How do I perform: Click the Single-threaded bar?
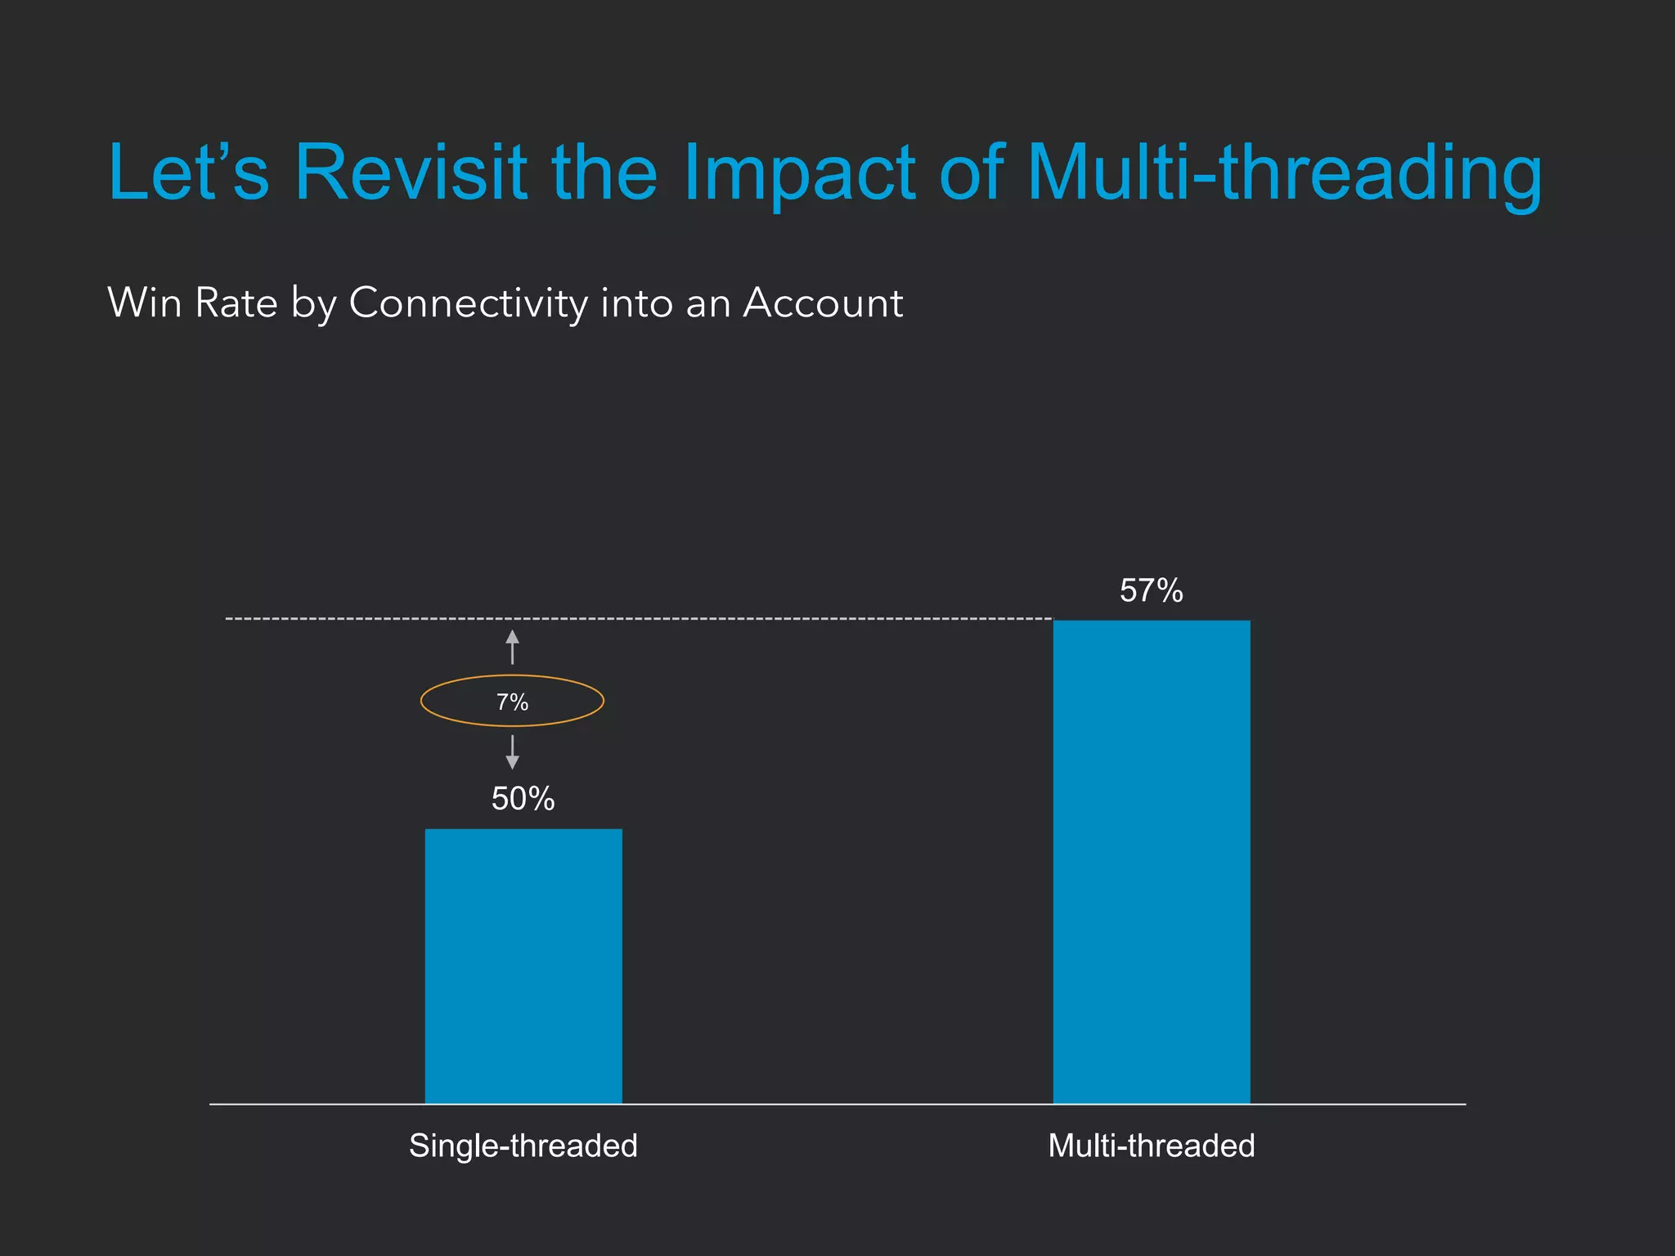point(523,966)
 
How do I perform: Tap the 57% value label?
point(1151,590)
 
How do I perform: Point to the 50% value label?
point(523,799)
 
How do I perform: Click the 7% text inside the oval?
point(512,702)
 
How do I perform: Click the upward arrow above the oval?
point(512,646)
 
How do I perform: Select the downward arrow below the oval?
point(512,752)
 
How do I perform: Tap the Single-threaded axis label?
point(523,1146)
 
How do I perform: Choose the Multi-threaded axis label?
point(1151,1146)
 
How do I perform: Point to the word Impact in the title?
point(799,173)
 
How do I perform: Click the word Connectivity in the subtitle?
point(468,304)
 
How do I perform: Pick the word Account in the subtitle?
point(823,303)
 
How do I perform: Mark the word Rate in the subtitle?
point(236,303)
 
